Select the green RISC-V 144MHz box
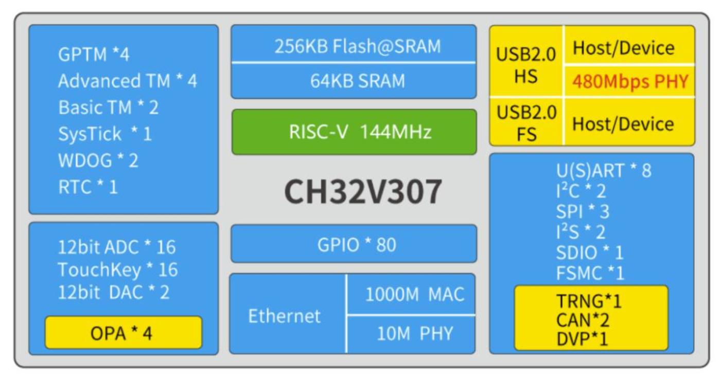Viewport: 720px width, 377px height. pyautogui.click(x=354, y=132)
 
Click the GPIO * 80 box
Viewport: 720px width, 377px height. pyautogui.click(x=354, y=244)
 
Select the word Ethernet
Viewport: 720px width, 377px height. pyautogui.click(x=284, y=315)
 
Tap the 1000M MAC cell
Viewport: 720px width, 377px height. pyautogui.click(x=414, y=294)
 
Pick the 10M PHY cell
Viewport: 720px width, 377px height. pyautogui.click(x=414, y=334)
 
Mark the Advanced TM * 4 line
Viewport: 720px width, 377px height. pyautogui.click(x=127, y=81)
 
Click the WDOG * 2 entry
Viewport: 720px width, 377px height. pyautogui.click(x=98, y=160)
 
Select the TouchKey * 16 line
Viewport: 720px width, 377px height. pyautogui.click(x=117, y=269)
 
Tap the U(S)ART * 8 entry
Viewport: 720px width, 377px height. pyautogui.click(x=603, y=170)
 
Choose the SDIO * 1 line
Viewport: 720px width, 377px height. pyautogui.click(x=589, y=253)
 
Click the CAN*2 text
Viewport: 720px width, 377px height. pyautogui.click(x=583, y=320)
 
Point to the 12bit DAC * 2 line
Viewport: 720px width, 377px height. pyautogui.click(x=113, y=292)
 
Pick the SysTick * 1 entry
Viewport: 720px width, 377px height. pyautogui.click(x=105, y=134)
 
